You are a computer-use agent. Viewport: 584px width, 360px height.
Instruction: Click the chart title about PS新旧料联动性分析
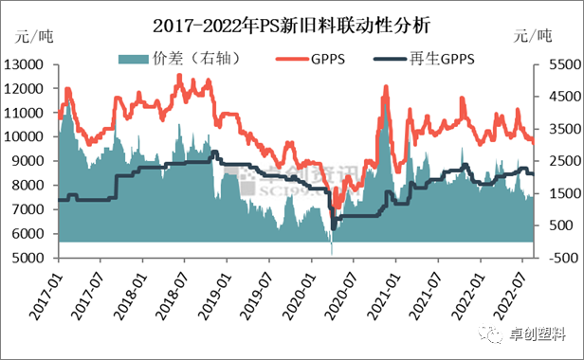click(x=293, y=19)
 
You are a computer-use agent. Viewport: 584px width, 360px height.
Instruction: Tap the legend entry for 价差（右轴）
click(x=179, y=59)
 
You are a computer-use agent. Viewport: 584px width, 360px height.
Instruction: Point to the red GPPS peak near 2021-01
click(x=386, y=88)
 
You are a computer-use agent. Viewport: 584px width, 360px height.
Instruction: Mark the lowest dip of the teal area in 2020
click(x=331, y=253)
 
